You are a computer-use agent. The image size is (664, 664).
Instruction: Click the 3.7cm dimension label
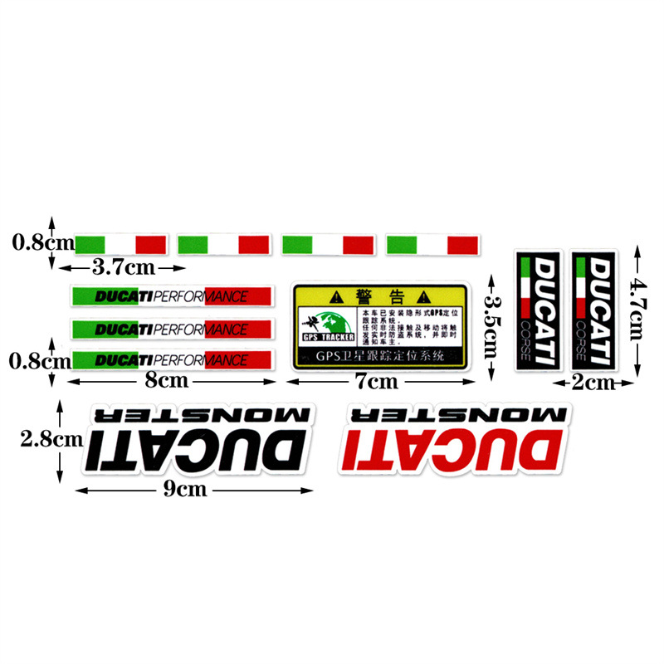(122, 267)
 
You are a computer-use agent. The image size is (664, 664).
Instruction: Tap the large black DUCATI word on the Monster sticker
(196, 452)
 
